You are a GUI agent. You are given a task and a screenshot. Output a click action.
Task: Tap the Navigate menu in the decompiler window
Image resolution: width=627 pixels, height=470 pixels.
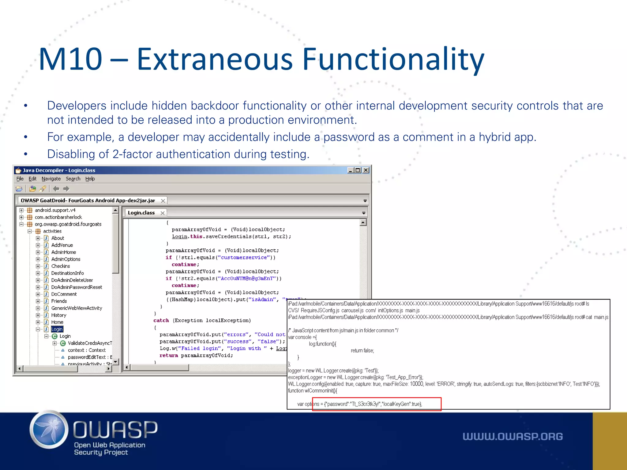pyautogui.click(x=51, y=179)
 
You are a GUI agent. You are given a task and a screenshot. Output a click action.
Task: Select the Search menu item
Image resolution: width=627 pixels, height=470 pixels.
pyautogui.click(x=73, y=179)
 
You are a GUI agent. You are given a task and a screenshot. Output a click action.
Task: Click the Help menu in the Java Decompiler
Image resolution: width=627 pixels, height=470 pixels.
pyautogui.click(x=90, y=179)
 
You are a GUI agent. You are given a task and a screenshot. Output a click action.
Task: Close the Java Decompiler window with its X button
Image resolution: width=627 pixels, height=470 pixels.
pyautogui.click(x=366, y=170)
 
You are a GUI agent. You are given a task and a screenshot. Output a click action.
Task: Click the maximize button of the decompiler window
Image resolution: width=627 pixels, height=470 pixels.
pyautogui.click(x=358, y=170)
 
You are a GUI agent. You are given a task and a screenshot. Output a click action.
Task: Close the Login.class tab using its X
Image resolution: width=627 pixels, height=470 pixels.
pyautogui.click(x=163, y=213)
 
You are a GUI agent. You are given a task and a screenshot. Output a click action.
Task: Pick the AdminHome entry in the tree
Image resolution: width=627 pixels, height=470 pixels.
pyautogui.click(x=63, y=252)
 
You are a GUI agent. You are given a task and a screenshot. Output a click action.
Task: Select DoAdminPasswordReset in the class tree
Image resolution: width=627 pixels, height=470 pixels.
pyautogui.click(x=77, y=287)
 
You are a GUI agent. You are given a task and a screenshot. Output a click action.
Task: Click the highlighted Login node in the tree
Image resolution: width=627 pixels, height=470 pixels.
pyautogui.click(x=57, y=329)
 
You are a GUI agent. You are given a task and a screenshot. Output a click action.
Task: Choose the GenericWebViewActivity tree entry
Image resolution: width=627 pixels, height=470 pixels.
pyautogui.click(x=77, y=308)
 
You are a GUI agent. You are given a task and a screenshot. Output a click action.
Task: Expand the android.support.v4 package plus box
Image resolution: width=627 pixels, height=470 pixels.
pyautogui.click(x=21, y=210)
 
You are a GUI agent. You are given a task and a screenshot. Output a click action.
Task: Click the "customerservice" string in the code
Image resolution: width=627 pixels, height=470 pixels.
pyautogui.click(x=244, y=257)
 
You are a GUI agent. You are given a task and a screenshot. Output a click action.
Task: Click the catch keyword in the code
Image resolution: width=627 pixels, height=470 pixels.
pyautogui.click(x=161, y=320)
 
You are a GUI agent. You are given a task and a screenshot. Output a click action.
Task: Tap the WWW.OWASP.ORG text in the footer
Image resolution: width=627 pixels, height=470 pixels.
pyautogui.click(x=512, y=436)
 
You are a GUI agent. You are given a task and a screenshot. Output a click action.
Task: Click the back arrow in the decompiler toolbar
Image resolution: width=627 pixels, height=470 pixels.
pyautogui.click(x=56, y=189)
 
